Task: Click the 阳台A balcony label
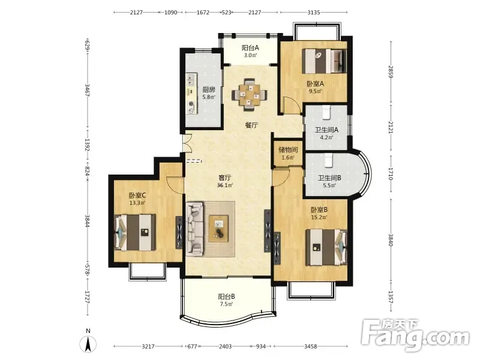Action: (250, 48)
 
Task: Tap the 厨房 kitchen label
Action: (209, 89)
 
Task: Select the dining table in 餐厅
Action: (250, 95)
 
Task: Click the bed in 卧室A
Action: (324, 61)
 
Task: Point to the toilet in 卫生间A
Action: (326, 112)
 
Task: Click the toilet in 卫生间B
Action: (328, 160)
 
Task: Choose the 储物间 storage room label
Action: (288, 149)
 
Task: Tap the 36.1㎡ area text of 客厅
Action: (225, 185)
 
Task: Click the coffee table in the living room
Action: (218, 229)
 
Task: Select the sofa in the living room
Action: (194, 229)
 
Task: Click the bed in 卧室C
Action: (135, 232)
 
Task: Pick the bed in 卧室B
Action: (326, 247)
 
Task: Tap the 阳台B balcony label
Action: (227, 296)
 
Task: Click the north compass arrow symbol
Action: (88, 343)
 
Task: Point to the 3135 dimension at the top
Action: (314, 12)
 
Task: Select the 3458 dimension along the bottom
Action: (310, 346)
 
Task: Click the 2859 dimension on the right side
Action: (391, 71)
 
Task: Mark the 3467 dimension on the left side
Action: (87, 90)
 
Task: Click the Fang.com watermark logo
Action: (415, 335)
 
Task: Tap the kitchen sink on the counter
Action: (191, 79)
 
